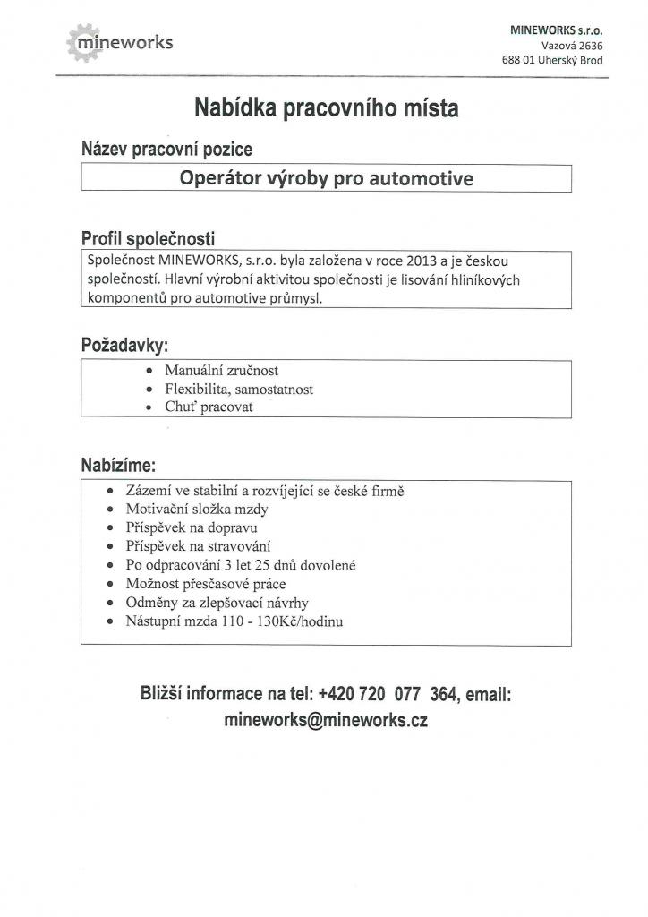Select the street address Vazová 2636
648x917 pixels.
[572, 45]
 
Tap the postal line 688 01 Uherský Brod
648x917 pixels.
[552, 60]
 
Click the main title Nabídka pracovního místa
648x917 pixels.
[326, 109]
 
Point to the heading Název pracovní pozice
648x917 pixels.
[166, 149]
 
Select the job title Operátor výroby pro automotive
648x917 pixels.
[326, 177]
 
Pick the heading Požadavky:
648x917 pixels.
[124, 345]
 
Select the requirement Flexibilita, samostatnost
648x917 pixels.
[238, 389]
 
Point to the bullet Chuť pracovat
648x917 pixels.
[209, 407]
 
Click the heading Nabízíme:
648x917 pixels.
[118, 466]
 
